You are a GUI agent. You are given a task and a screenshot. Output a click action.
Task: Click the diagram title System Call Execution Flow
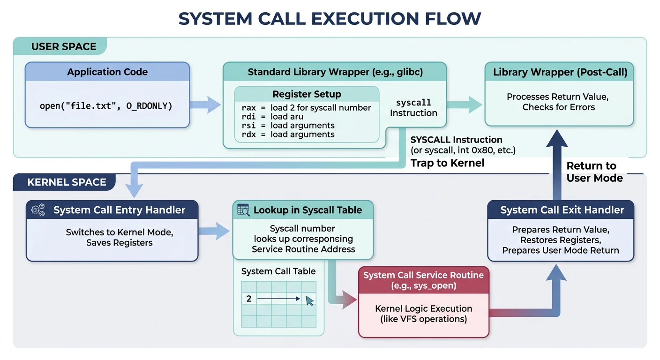click(330, 18)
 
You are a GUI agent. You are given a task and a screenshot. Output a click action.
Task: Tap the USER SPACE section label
click(64, 46)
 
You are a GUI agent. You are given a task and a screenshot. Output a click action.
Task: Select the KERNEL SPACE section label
click(67, 182)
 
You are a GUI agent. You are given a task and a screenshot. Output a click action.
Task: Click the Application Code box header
click(107, 72)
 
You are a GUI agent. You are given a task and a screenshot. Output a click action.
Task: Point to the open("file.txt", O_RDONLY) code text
click(106, 106)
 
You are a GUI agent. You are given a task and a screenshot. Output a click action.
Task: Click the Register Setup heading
click(307, 94)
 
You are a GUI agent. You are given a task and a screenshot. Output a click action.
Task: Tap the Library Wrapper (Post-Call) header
click(560, 72)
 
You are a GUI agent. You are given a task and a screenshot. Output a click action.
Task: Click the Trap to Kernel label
click(447, 163)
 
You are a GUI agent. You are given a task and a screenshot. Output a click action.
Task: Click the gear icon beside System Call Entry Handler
click(38, 210)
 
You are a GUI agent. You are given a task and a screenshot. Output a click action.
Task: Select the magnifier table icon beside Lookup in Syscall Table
click(243, 210)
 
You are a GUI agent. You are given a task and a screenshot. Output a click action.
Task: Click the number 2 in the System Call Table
click(249, 299)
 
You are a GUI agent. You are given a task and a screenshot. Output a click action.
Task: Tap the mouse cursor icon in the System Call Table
click(310, 300)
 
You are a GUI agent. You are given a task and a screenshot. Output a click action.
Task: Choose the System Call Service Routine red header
click(423, 280)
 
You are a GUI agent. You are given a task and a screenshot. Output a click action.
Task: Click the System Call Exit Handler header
click(562, 210)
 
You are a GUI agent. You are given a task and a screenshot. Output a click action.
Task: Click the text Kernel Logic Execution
click(423, 308)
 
